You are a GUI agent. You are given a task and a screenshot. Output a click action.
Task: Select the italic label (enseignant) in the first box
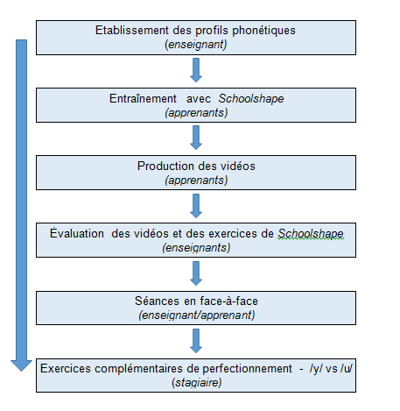click(x=196, y=45)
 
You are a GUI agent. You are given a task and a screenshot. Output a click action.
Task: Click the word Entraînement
click(x=143, y=98)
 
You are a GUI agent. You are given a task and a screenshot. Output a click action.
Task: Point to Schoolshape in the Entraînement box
click(x=251, y=99)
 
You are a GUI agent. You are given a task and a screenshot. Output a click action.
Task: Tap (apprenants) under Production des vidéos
click(x=196, y=181)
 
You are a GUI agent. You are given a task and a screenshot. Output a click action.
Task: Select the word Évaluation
click(x=77, y=233)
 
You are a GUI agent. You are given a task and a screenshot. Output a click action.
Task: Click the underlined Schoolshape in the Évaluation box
click(x=311, y=234)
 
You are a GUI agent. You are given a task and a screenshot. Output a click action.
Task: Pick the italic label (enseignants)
click(x=196, y=248)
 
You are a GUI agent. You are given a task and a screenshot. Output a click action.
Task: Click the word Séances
click(x=157, y=301)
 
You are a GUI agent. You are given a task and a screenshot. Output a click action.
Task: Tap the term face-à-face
click(x=229, y=301)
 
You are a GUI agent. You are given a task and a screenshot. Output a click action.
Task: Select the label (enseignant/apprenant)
click(x=197, y=315)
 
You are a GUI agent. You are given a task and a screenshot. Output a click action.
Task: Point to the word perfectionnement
click(x=247, y=369)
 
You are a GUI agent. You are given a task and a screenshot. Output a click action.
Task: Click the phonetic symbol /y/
click(x=316, y=369)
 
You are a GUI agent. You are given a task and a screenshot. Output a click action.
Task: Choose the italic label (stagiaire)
click(x=197, y=383)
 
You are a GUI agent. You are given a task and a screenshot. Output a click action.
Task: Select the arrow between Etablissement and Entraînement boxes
click(x=196, y=70)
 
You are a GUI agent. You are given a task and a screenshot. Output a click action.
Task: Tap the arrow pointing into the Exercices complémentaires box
click(x=196, y=341)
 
